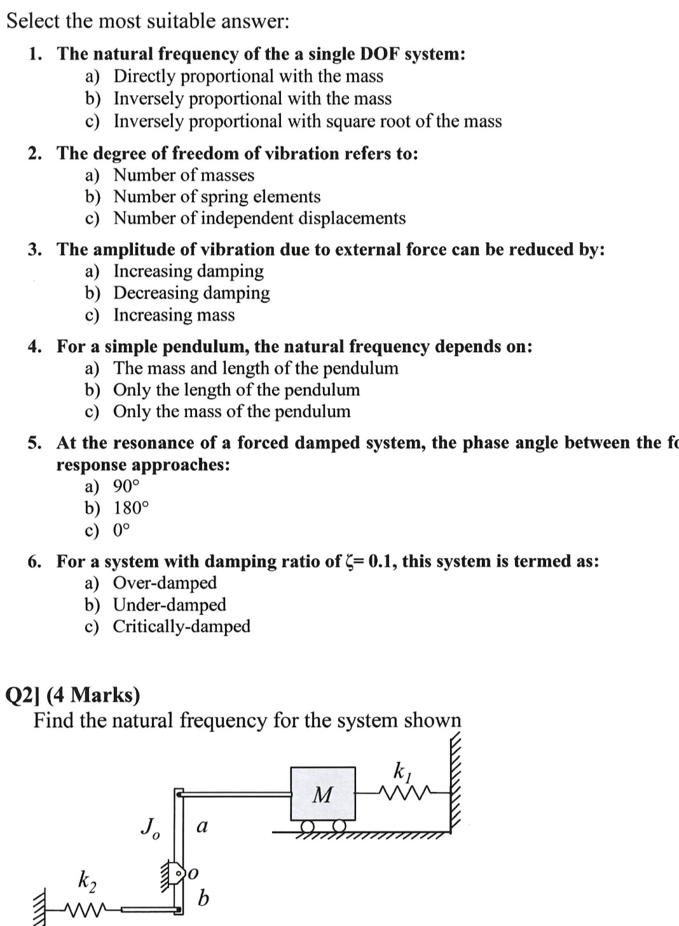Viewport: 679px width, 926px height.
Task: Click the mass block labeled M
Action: tap(323, 793)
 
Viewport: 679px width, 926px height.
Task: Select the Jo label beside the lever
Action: tap(150, 827)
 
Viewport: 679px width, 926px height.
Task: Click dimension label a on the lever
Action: tap(202, 826)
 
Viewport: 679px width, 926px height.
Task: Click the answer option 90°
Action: tap(126, 486)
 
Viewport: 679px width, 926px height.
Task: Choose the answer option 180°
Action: tap(131, 508)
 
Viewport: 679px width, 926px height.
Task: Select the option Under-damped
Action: tap(169, 604)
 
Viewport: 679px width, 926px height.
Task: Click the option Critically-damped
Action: tap(182, 626)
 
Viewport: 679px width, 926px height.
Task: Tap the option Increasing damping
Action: tap(188, 271)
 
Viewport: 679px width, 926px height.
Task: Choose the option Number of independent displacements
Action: tap(259, 218)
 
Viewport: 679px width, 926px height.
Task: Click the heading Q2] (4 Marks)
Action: tap(72, 695)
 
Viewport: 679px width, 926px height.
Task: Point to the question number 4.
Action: tap(34, 346)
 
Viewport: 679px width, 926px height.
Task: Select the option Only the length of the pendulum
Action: tap(237, 390)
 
